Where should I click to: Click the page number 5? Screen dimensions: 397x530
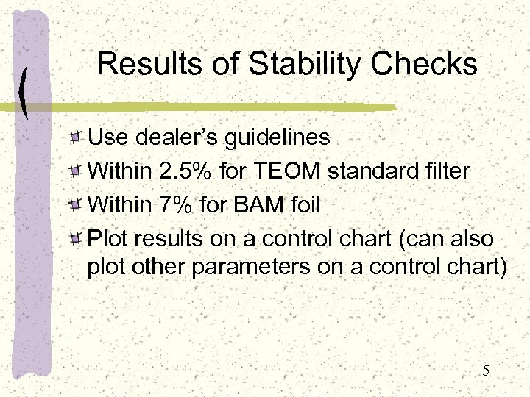coord(486,371)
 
